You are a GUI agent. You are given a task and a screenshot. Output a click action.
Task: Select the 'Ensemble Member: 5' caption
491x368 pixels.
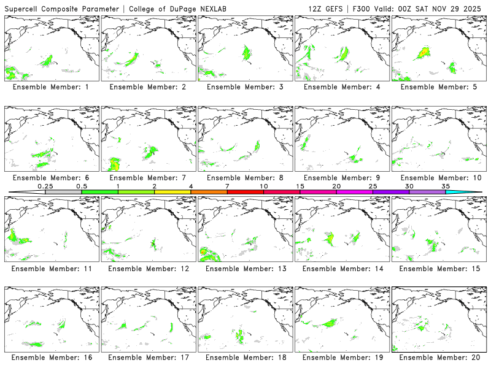[439, 87]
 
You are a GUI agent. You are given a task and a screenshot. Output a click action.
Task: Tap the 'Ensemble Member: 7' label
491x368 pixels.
[149, 178]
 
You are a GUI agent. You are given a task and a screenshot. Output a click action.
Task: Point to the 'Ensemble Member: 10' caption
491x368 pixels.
[439, 178]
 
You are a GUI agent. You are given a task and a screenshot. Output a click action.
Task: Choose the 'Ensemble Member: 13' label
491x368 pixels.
[245, 268]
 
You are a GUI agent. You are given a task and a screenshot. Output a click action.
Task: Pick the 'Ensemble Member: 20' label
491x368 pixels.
[439, 357]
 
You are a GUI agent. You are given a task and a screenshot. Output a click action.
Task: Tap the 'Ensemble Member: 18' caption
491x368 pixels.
[245, 357]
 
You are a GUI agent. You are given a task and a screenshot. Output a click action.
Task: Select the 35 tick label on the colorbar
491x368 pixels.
[446, 186]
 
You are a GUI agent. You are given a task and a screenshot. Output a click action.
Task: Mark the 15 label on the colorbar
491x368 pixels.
[300, 186]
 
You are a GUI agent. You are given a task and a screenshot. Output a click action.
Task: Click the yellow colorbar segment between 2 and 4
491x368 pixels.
[172, 192]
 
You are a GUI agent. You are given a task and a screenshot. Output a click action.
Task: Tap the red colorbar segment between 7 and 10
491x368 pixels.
[245, 192]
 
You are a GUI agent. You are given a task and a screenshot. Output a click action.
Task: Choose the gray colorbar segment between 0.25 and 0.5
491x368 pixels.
[63, 192]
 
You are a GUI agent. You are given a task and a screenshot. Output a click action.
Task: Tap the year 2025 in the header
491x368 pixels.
[474, 9]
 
